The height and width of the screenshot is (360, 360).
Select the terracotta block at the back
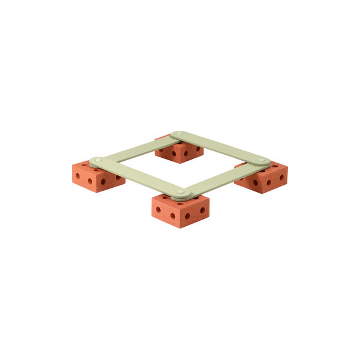pyautogui.click(x=179, y=152)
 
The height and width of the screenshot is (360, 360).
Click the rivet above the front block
pyautogui.click(x=181, y=192)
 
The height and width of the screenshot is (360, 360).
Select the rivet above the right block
pyautogui.click(x=261, y=160)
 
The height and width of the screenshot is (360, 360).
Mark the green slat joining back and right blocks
pyautogui.click(x=220, y=148)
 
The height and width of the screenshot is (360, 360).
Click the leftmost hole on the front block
pyautogui.click(x=158, y=209)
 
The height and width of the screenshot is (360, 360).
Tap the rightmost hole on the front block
pyautogui.click(x=202, y=210)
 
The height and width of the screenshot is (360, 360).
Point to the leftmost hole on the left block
pyautogui.click(x=77, y=176)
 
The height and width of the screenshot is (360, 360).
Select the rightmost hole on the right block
pyautogui.click(x=281, y=177)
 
